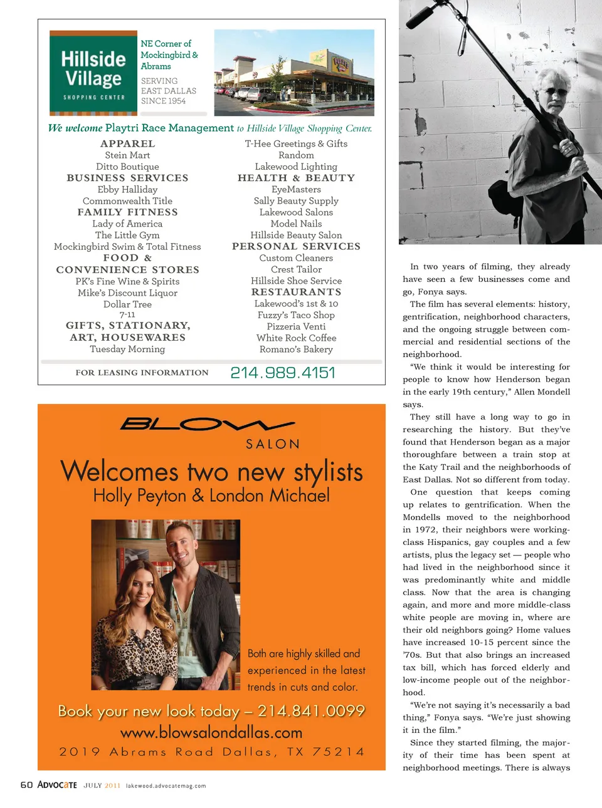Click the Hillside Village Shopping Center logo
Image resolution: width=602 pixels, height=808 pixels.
93,73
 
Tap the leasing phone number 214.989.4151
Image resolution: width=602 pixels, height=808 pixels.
283,373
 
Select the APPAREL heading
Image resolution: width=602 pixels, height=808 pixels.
127,143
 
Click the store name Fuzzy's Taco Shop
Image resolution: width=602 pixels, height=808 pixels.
296,315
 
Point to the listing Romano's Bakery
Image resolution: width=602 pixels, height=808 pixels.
296,350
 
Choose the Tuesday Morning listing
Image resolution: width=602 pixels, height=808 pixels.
127,350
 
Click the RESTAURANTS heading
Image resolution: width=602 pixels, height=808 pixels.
296,292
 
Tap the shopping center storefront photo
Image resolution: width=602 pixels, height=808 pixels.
294,73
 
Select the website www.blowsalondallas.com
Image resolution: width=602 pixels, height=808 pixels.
211,732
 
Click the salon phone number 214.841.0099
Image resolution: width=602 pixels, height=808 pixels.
311,711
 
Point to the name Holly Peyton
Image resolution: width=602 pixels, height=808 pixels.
139,496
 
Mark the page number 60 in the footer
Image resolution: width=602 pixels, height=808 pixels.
26,785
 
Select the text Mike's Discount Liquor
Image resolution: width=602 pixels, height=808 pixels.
127,293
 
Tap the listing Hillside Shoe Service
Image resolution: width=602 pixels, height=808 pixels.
296,281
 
